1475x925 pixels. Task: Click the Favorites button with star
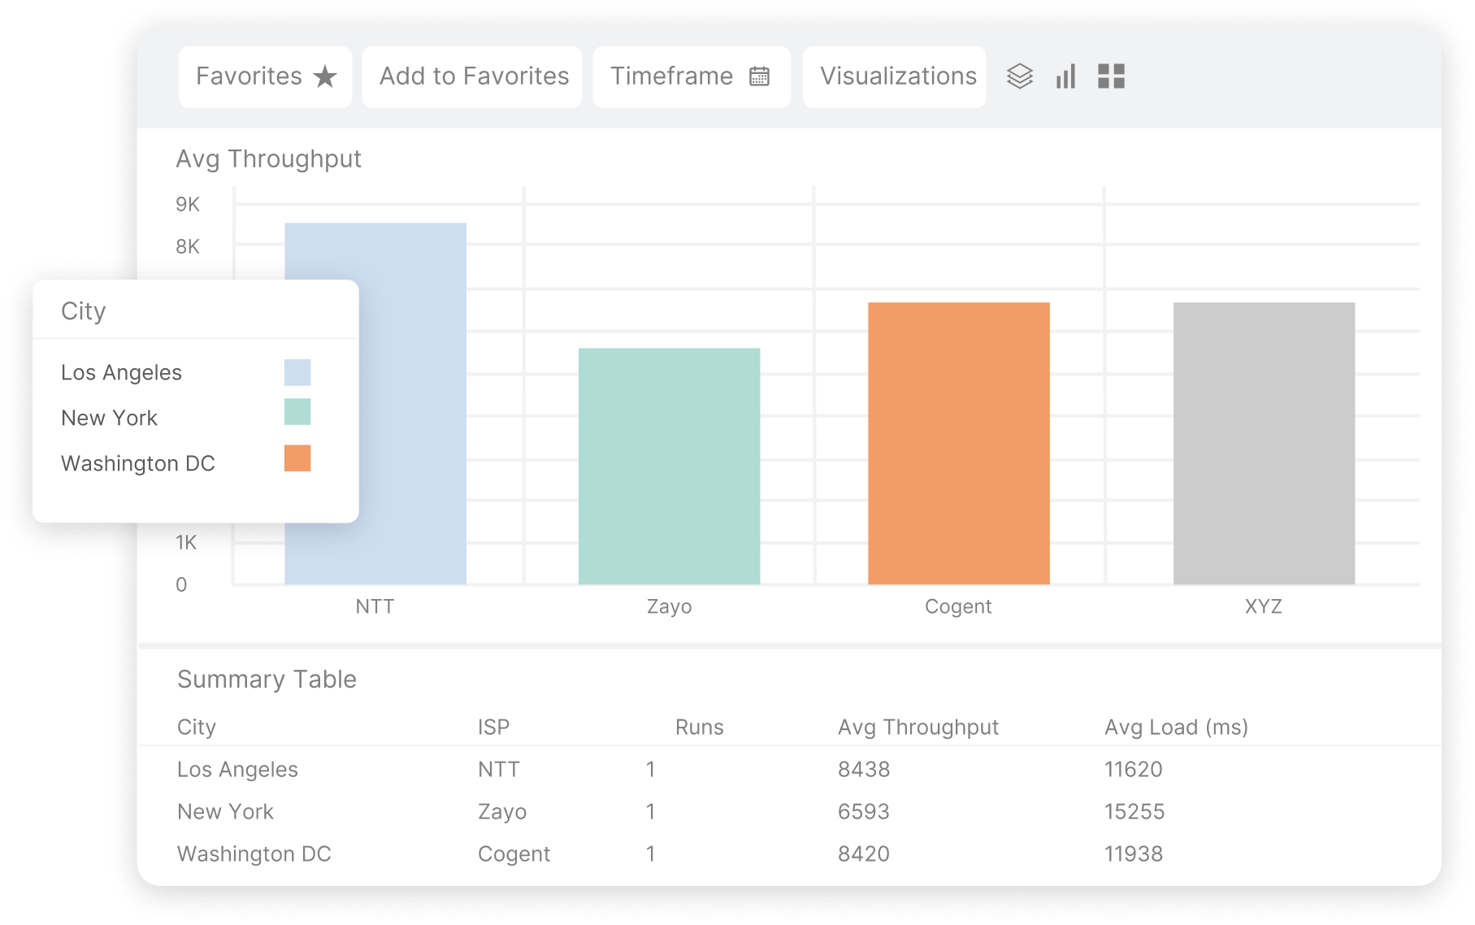(265, 76)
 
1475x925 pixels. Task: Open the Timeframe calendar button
(691, 76)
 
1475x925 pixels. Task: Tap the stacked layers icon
(1019, 76)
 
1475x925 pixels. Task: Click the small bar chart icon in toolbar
(1065, 76)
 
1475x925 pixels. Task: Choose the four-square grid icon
(1111, 76)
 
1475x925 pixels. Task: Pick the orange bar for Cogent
(958, 443)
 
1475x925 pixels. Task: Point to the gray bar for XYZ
(1264, 443)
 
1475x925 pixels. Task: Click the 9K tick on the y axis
(188, 204)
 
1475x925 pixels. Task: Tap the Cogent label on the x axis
(958, 606)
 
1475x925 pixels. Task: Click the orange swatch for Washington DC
(297, 458)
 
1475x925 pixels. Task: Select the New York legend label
(109, 418)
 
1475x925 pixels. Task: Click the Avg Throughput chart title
(268, 159)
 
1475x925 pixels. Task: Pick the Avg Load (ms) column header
(1176, 727)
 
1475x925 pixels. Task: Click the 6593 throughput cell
(863, 811)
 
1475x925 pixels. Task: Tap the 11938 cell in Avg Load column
(1133, 853)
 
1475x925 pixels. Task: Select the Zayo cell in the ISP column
(501, 811)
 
